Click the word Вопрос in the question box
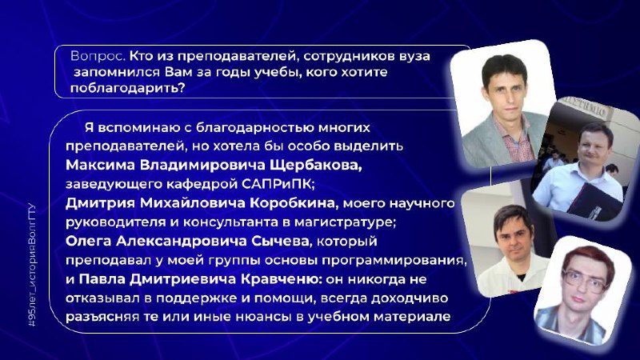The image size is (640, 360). click(x=98, y=56)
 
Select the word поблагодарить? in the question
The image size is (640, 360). click(x=128, y=88)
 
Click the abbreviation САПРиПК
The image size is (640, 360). click(x=278, y=184)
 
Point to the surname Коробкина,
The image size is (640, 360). click(x=294, y=203)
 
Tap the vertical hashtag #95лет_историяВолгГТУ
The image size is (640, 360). click(x=32, y=266)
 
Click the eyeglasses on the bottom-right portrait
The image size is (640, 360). click(x=585, y=282)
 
